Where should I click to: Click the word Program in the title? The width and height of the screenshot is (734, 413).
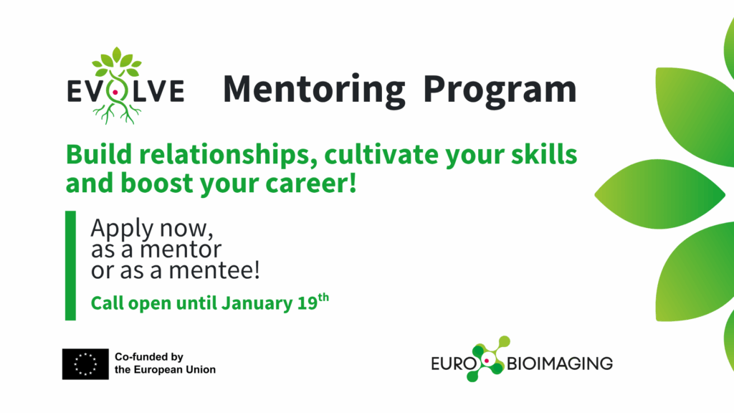tap(499, 90)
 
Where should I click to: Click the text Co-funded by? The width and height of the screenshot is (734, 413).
tap(149, 356)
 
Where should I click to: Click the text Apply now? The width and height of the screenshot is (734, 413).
tap(152, 229)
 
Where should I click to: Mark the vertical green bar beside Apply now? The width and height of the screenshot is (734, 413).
tap(70, 265)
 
